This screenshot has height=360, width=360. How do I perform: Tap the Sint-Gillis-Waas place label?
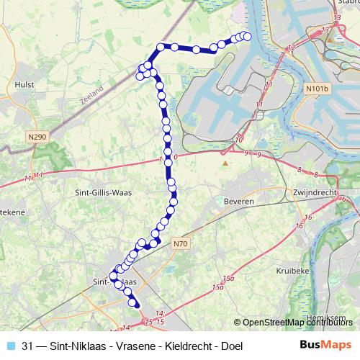[x=104, y=192]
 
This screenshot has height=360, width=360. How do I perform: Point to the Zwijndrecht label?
[x=315, y=193]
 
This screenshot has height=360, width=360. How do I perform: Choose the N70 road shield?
[x=180, y=244]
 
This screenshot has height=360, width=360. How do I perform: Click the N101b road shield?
[x=317, y=89]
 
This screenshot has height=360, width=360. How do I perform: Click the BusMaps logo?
[x=325, y=346]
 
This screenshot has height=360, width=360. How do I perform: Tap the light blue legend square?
[x=9, y=346]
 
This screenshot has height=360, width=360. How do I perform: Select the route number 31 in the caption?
[x=28, y=346]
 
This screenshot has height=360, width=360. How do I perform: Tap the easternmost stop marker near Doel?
[x=247, y=36]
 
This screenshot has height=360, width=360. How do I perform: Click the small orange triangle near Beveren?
[x=225, y=163]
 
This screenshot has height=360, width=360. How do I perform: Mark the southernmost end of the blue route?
[x=137, y=306]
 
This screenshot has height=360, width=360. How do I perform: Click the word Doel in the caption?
[x=231, y=346]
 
